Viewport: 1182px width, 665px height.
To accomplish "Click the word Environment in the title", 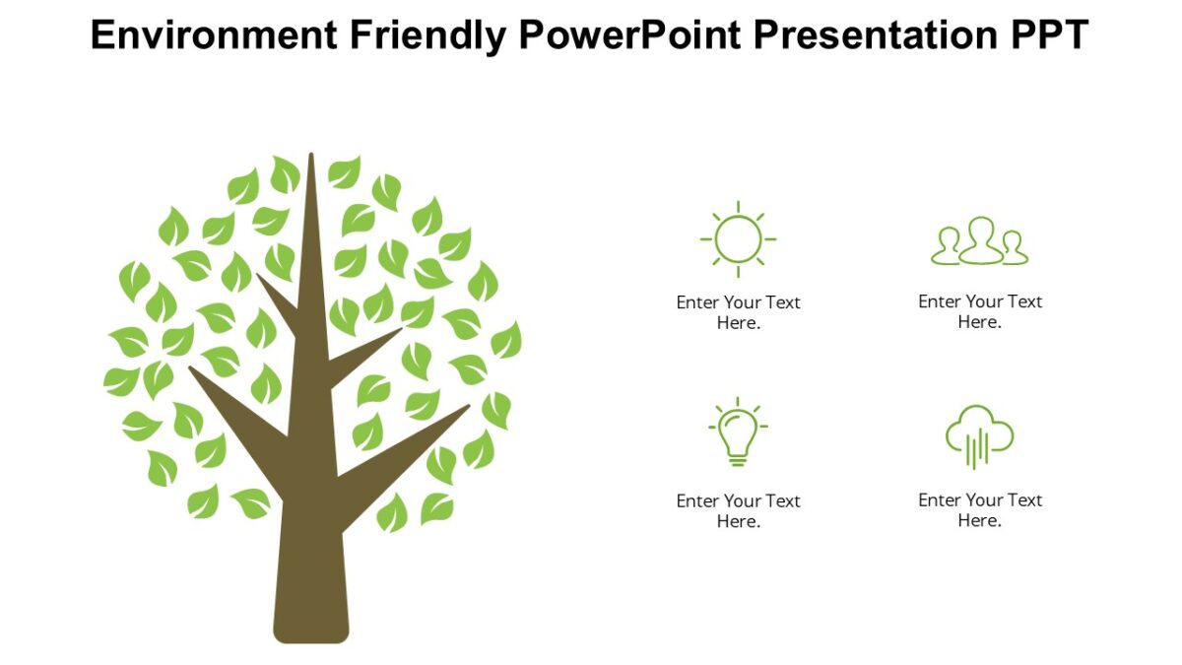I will [x=212, y=35].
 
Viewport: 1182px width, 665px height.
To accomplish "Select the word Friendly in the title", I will [x=427, y=35].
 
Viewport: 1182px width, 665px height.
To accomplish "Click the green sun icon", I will [x=738, y=238].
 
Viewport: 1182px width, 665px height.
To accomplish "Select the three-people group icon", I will [x=979, y=241].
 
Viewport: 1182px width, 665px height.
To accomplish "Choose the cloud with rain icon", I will [x=979, y=436].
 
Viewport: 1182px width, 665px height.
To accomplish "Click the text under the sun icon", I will [x=738, y=312].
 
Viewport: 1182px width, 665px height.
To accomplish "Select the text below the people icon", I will [x=979, y=311].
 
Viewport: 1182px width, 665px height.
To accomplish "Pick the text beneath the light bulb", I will [x=738, y=510].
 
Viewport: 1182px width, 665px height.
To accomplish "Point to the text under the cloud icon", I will [x=979, y=509].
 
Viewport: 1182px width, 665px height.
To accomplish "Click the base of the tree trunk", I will [x=311, y=631].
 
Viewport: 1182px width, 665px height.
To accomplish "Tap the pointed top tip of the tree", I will [x=311, y=158].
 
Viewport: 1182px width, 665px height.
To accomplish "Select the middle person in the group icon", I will [x=980, y=239].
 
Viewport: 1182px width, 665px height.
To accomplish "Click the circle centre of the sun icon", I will [x=738, y=238].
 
